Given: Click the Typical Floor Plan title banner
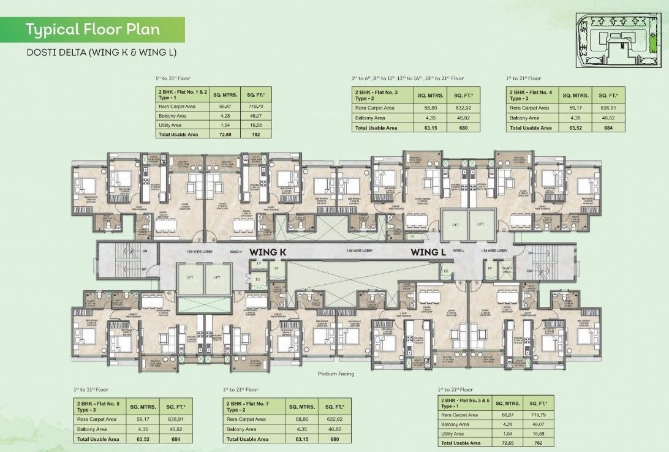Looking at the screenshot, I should (92, 29).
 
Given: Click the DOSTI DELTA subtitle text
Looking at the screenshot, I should (102, 53).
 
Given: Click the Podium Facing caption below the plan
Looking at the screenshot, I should (336, 373).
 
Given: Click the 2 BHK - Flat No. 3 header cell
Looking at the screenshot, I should (380, 94).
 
